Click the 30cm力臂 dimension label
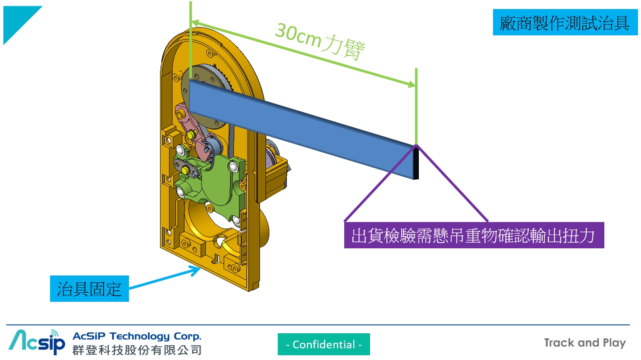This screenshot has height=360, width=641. (320, 42)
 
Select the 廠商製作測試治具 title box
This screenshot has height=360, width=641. (565, 22)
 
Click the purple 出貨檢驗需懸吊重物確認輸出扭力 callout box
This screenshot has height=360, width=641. (474, 235)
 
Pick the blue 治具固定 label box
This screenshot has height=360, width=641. (89, 288)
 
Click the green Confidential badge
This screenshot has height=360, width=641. (324, 344)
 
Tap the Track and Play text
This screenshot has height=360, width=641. (584, 343)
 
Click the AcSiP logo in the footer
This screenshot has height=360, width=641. (37, 342)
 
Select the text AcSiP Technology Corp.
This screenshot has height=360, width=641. (137, 336)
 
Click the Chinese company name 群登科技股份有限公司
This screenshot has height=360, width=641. (137, 350)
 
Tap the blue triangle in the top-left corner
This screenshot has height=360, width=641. (17, 19)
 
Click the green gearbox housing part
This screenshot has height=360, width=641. (220, 181)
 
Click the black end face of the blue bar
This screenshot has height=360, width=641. (416, 163)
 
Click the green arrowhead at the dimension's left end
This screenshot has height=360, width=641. (195, 23)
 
